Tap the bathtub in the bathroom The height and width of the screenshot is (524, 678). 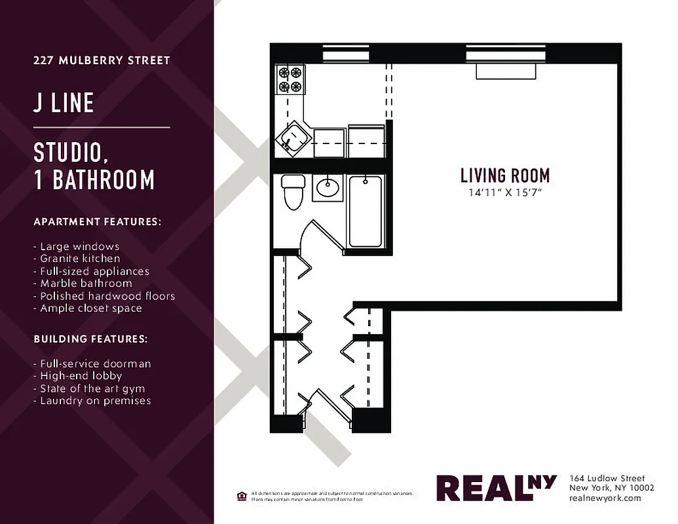click(365, 212)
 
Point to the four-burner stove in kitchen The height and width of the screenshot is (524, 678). click(290, 79)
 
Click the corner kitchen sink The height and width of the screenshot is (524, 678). click(291, 139)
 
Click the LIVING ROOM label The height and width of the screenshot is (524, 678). click(504, 176)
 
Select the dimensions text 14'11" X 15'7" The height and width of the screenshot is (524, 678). click(504, 193)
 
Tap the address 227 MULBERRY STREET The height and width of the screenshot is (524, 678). click(102, 60)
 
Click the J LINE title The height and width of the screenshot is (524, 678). click(64, 103)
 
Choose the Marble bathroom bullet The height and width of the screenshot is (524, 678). click(83, 284)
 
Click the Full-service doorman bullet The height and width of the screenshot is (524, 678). click(92, 364)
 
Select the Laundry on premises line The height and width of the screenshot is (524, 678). click(92, 400)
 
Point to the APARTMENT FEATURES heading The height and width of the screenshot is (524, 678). click(97, 222)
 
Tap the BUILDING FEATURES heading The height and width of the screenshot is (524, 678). click(90, 339)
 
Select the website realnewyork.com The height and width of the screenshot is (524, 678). click(605, 498)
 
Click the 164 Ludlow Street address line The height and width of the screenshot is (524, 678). click(607, 478)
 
